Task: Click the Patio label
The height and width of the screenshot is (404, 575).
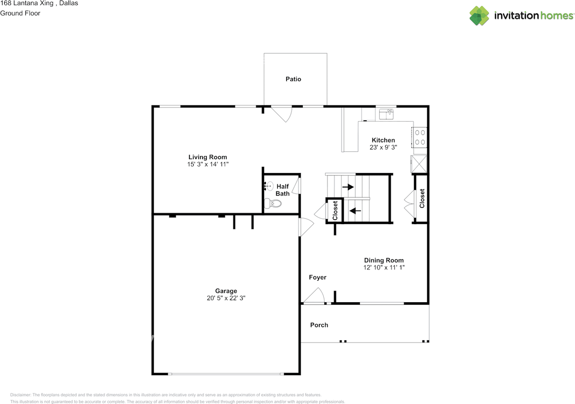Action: coord(293,79)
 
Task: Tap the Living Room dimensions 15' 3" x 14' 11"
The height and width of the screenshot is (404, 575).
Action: coord(208,164)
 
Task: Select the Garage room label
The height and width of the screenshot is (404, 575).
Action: coord(226,291)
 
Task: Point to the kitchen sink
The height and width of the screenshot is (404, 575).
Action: coord(386,114)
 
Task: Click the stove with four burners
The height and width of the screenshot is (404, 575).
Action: coord(420,137)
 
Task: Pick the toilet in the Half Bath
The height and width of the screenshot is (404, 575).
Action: coord(273,204)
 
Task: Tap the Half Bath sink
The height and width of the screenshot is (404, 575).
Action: coord(268,186)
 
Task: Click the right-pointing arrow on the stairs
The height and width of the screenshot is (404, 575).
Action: coord(348,187)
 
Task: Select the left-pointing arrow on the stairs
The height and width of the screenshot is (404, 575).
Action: coord(355,211)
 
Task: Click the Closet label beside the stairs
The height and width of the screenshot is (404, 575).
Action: coord(335,210)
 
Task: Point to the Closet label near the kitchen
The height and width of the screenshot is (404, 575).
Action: coord(422,198)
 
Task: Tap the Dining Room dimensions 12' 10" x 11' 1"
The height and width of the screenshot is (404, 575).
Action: coord(384,267)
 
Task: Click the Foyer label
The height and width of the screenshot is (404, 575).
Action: coord(318,278)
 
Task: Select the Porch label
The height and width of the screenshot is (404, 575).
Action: coord(319,325)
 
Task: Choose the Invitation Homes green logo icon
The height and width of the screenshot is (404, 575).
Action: coord(479,16)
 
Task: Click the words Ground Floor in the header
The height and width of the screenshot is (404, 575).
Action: coord(20,13)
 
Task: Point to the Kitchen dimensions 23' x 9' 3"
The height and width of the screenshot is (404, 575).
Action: coord(383,148)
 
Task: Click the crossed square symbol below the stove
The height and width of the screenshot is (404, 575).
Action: coord(419,164)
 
